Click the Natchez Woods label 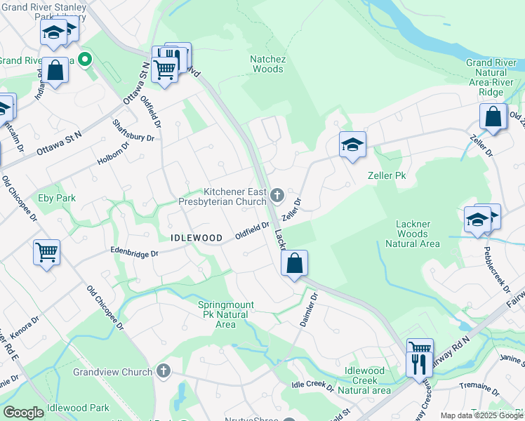coord(267,64)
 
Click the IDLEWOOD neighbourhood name coord(197,239)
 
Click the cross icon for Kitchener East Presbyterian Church coord(277,194)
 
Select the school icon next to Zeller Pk coord(352,145)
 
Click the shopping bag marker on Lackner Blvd coord(295,264)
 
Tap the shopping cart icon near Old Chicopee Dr coord(46,252)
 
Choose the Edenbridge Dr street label coord(135,252)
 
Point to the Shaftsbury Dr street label coord(133,130)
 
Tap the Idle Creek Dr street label coord(312,385)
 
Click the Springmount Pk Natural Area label coord(226,314)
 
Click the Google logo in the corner coord(23,413)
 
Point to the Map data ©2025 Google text coord(481,415)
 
